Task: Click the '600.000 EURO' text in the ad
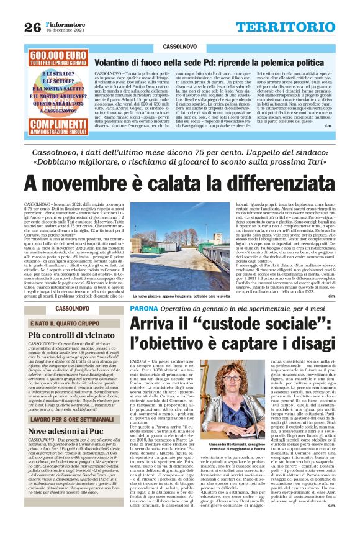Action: (56, 55)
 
